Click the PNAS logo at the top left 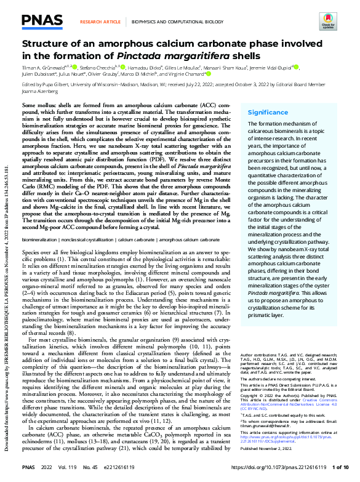point(38,21)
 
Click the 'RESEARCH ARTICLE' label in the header point(100,21)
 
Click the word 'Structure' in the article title point(44,44)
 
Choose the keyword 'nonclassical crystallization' point(87,236)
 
